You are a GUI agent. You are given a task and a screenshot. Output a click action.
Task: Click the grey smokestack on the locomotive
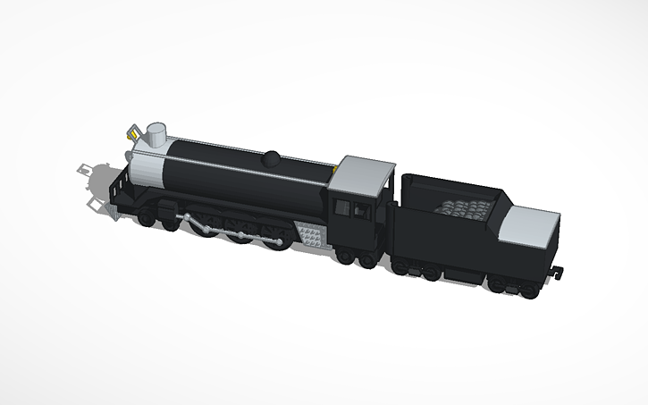tap(157, 134)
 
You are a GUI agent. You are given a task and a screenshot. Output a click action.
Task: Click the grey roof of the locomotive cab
tap(364, 170)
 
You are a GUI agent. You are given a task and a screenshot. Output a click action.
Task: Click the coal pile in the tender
tap(463, 210)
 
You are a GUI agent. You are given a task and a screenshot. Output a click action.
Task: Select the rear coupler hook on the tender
tap(559, 269)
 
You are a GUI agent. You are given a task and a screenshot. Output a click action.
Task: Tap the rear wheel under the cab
tap(366, 259)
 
